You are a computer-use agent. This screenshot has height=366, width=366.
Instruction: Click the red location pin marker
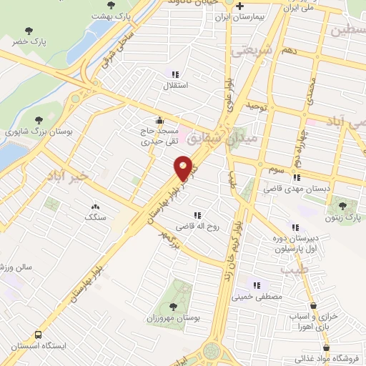click(184, 167)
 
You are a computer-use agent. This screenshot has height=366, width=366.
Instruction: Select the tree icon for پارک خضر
click(29, 31)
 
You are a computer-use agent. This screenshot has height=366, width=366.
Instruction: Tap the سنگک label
click(95, 217)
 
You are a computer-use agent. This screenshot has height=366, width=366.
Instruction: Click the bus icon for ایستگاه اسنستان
click(37, 334)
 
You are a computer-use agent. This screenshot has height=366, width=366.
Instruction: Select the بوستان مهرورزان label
click(172, 317)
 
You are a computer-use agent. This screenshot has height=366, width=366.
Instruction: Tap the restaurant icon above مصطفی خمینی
click(257, 285)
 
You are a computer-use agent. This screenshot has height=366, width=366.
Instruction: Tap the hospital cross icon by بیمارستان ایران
click(239, 6)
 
